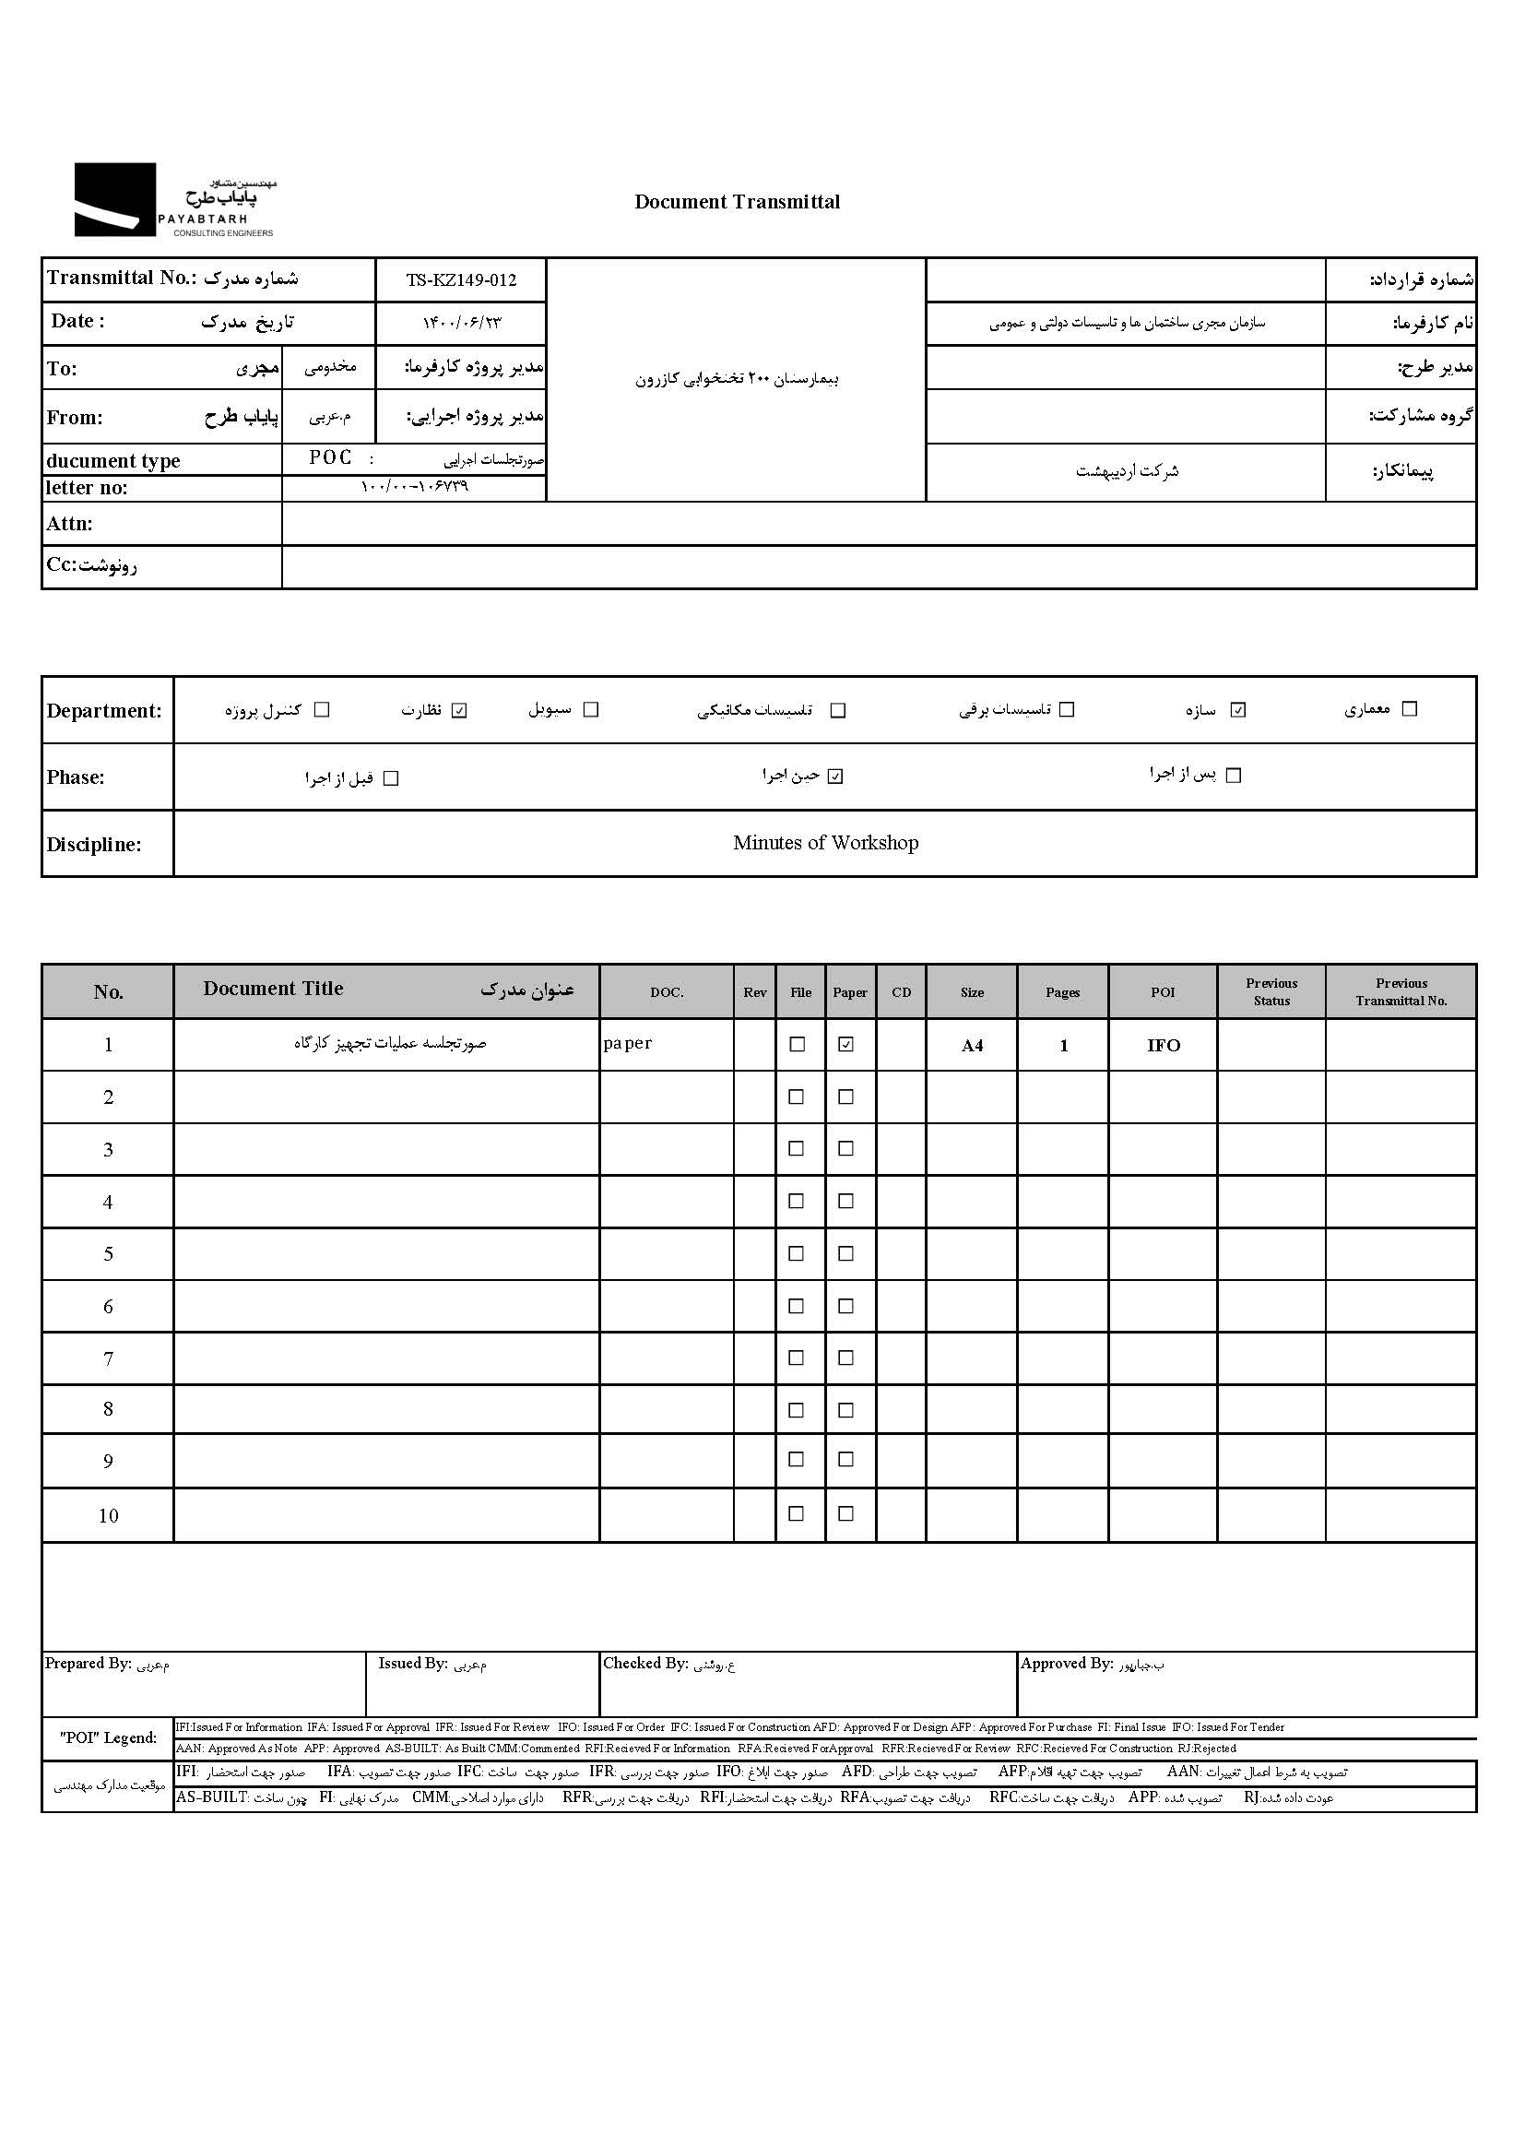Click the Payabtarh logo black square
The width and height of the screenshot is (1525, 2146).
[x=114, y=199]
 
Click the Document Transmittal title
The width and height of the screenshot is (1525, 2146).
[x=738, y=202]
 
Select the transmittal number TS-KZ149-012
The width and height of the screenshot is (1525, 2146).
[x=461, y=279]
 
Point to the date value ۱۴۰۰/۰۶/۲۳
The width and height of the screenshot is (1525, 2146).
[x=462, y=323]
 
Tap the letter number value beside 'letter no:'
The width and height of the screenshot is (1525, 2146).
[x=414, y=487]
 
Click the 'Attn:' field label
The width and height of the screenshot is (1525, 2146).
[x=69, y=524]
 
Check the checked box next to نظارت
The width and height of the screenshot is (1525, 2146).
[x=459, y=710]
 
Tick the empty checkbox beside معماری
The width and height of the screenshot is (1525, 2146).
[x=1409, y=709]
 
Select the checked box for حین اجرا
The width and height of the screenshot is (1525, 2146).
[x=835, y=777]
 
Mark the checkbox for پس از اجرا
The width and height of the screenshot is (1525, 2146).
[x=1234, y=776]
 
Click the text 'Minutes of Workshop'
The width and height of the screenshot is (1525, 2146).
[x=825, y=842]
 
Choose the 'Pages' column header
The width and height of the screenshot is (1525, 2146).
[x=1062, y=992]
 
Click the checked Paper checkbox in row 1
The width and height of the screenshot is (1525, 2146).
[x=846, y=1044]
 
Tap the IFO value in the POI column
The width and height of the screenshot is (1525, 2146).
[x=1163, y=1045]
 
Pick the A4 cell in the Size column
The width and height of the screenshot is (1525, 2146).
[x=972, y=1045]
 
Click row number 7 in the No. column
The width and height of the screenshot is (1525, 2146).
[x=108, y=1359]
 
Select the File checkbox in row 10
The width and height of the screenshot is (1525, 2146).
[x=797, y=1514]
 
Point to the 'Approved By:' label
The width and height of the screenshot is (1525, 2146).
[x=1066, y=1664]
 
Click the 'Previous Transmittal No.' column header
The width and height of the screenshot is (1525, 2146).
[x=1401, y=991]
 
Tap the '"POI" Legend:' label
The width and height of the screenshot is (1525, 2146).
[x=108, y=1737]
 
